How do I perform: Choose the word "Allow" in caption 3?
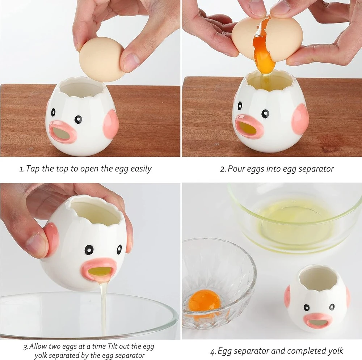(x=39, y=346)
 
